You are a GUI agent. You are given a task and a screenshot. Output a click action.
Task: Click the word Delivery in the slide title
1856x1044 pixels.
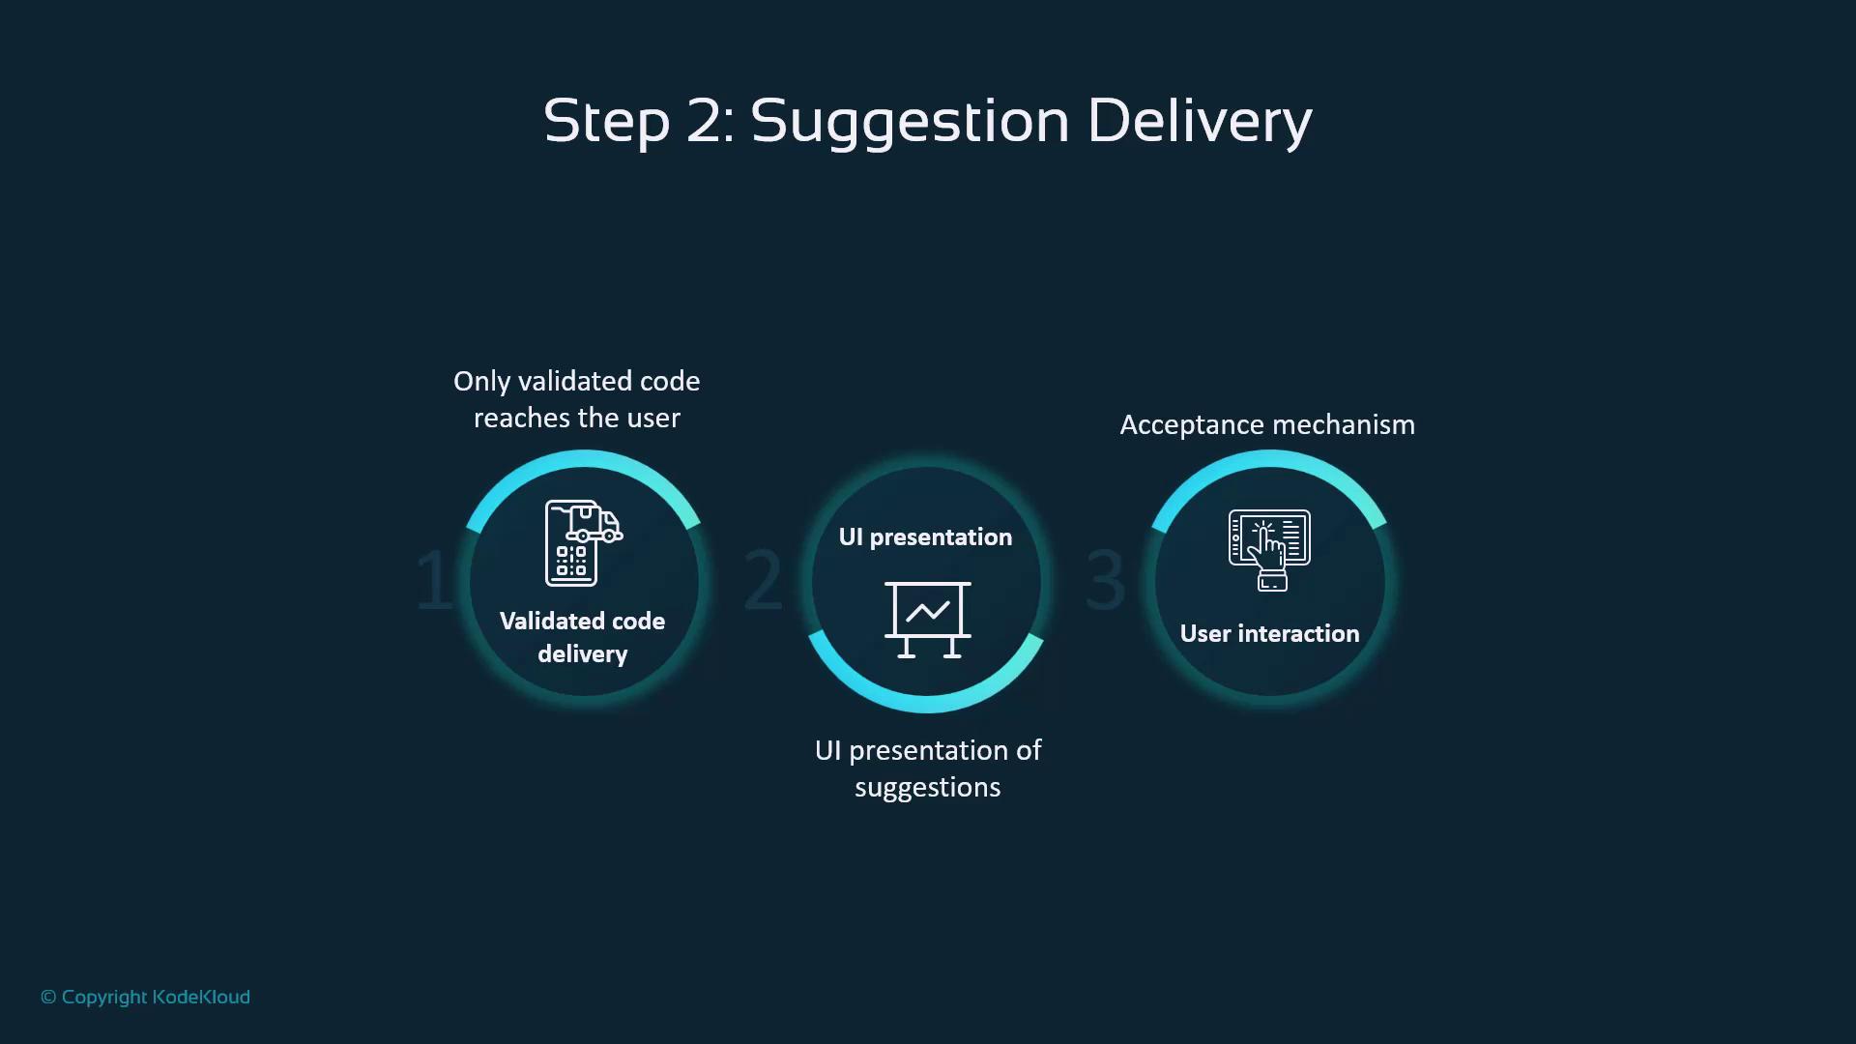tap(1200, 122)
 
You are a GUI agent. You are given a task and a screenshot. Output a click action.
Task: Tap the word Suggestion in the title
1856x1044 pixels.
tap(910, 122)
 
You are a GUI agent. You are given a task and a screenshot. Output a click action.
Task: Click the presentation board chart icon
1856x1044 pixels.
tap(928, 620)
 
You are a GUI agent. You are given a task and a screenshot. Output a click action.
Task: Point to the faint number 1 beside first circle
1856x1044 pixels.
tap(433, 580)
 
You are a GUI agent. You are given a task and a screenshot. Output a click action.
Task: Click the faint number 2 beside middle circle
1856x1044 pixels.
tap(763, 580)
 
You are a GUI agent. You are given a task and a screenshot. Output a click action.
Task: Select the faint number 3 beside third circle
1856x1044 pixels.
tap(1106, 580)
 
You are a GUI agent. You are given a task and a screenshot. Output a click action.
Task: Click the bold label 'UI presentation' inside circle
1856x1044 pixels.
tap(926, 537)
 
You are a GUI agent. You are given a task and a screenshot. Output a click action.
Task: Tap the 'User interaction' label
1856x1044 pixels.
tap(1269, 634)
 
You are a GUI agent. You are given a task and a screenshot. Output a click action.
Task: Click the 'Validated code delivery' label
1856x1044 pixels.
tap(583, 638)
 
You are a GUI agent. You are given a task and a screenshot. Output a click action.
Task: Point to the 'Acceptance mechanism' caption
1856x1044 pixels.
tap(1267, 425)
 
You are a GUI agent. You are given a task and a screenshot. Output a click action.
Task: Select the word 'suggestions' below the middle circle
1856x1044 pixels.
tap(928, 788)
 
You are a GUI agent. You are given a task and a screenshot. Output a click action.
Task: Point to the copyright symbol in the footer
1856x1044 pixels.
tap(48, 998)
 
